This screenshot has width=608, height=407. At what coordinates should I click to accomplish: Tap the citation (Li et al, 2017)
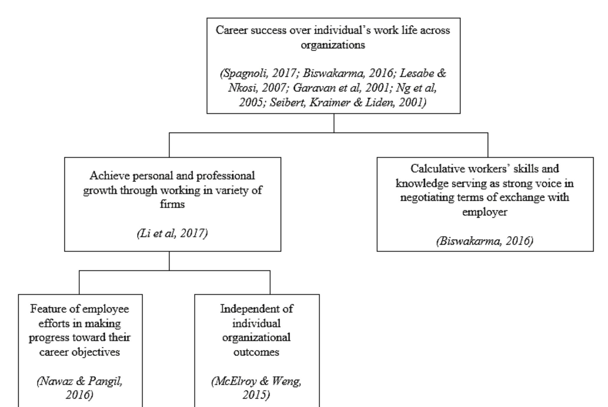(x=172, y=233)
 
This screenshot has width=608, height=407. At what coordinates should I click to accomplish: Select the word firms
(x=172, y=204)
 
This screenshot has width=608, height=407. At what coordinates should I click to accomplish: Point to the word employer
(x=485, y=212)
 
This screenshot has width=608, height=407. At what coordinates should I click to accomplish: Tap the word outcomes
(x=256, y=352)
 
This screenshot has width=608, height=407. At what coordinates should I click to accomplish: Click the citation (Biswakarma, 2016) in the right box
(x=485, y=241)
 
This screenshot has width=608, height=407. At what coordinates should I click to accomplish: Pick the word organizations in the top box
(x=333, y=45)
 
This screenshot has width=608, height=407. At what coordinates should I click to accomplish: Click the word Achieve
(x=110, y=176)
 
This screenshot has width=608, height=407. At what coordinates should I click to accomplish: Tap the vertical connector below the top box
(x=334, y=123)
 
